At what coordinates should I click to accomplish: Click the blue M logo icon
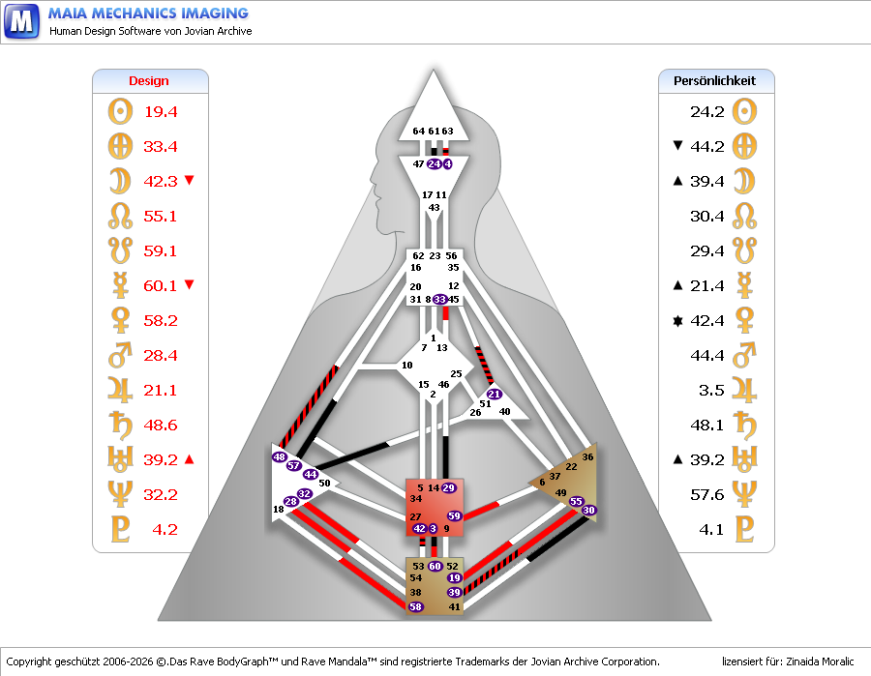click(21, 20)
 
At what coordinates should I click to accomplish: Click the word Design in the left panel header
click(149, 81)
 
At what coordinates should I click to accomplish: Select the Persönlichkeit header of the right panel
click(714, 81)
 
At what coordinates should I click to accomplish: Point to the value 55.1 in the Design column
click(161, 216)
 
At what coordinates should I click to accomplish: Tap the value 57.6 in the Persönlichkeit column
click(706, 494)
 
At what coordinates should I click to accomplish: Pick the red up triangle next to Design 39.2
click(189, 459)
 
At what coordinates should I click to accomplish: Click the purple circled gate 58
click(416, 606)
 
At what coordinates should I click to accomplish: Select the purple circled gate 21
click(495, 394)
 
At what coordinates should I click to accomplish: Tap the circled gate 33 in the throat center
click(440, 300)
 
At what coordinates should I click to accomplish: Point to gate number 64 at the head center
click(418, 131)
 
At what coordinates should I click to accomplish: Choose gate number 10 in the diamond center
click(407, 365)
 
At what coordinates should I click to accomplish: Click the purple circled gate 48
click(280, 456)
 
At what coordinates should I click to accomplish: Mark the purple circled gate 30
click(589, 510)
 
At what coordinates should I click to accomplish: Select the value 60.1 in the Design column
click(161, 285)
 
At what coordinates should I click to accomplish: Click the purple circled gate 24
click(434, 164)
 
